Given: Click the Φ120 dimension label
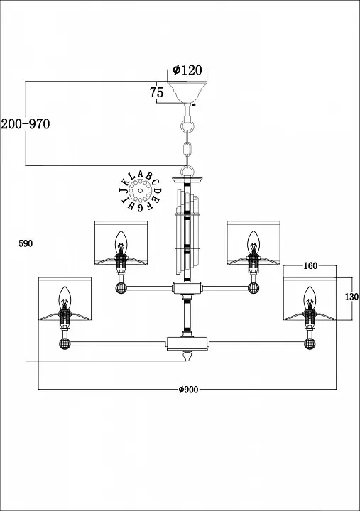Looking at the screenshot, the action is (187, 70).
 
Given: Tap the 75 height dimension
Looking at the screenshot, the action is (156, 92).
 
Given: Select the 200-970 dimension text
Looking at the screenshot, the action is (26, 123).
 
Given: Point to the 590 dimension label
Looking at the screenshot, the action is (26, 243).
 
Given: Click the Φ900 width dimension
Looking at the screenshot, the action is (188, 389).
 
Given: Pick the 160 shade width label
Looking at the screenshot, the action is (310, 266).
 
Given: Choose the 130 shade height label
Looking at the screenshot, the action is (351, 297).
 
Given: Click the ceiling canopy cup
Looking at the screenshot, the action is (187, 92).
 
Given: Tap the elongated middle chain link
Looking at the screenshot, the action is (187, 149).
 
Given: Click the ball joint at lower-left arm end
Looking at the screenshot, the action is (65, 344).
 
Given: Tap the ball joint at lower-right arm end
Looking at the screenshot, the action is (310, 344).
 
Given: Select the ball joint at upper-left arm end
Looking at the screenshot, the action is (121, 288).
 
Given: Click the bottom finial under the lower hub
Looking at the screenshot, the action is (187, 356).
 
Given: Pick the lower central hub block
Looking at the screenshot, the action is (187, 344).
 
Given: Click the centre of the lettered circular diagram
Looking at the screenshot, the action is (140, 191).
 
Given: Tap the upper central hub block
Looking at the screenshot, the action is (187, 287).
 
